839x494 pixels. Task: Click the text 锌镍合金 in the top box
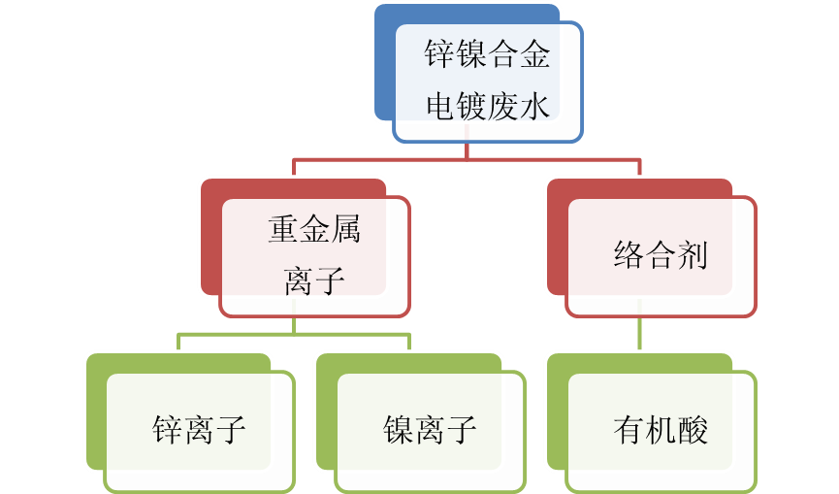pyautogui.click(x=487, y=54)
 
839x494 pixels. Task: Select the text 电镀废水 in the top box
pyautogui.click(x=487, y=105)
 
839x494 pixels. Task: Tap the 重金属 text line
pyautogui.click(x=314, y=230)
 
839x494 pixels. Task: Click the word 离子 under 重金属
pyautogui.click(x=314, y=280)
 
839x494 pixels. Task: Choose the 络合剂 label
pyautogui.click(x=661, y=255)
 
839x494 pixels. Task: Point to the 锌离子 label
pyautogui.click(x=199, y=429)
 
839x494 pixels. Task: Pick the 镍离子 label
pyautogui.click(x=430, y=429)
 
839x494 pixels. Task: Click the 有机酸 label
pyautogui.click(x=661, y=429)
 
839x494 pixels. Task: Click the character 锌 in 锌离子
pyautogui.click(x=168, y=429)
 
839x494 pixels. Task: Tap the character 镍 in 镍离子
pyautogui.click(x=399, y=429)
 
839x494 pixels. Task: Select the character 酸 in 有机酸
pyautogui.click(x=693, y=429)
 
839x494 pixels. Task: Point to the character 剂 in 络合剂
pyautogui.click(x=693, y=255)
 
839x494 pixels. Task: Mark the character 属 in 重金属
pyautogui.click(x=345, y=230)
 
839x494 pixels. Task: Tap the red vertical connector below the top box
pyautogui.click(x=468, y=149)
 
